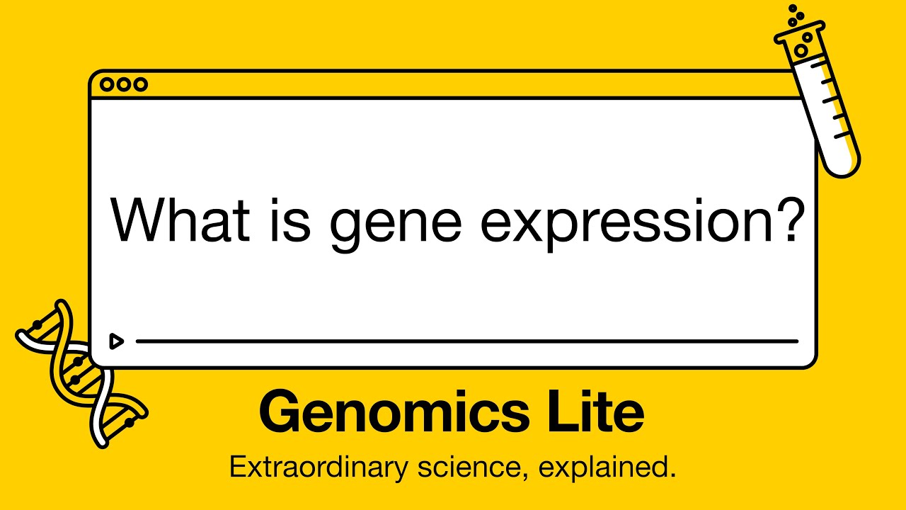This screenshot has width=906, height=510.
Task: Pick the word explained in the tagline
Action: click(x=609, y=468)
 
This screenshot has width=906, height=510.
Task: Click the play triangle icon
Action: click(x=116, y=341)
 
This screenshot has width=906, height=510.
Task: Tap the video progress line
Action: click(x=467, y=341)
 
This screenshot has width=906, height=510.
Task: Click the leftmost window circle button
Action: click(x=108, y=85)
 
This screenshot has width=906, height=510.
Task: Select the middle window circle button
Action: click(x=124, y=85)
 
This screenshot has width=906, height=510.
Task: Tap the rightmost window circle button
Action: click(x=141, y=85)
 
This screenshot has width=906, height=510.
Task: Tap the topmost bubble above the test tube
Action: click(x=793, y=8)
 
